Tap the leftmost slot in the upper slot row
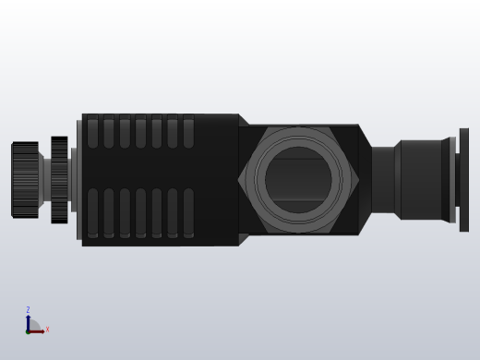tap(92, 132)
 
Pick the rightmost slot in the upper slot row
tap(188, 132)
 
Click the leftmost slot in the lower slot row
tap(92, 212)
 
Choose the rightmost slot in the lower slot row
tap(188, 212)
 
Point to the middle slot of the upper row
tap(140, 132)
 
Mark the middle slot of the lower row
tap(140, 212)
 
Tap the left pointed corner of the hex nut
tap(241, 179)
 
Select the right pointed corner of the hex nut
tap(357, 179)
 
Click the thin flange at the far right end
tap(463, 179)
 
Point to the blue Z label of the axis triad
tap(28, 310)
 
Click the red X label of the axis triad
tap(47, 330)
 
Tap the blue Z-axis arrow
tap(28, 321)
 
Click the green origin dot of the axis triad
tap(28, 330)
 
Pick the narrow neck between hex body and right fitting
tap(383, 179)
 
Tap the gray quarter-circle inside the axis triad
tap(31, 327)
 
